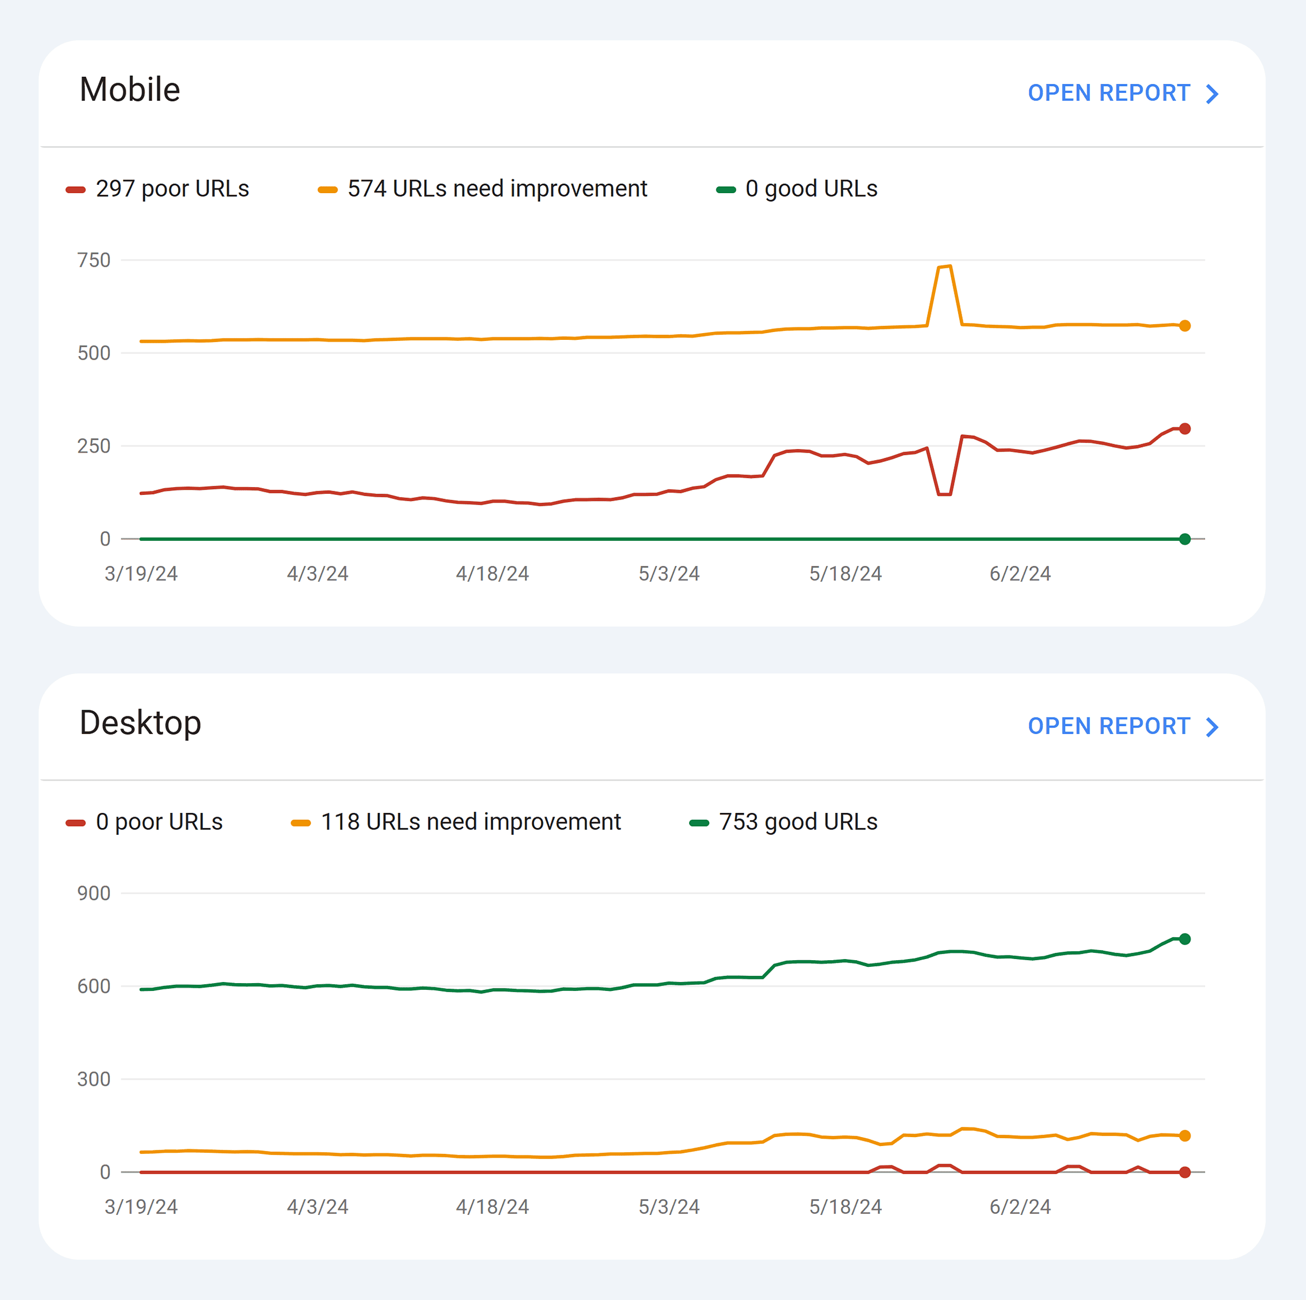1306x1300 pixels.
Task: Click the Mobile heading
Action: [130, 90]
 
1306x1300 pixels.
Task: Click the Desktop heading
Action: [140, 723]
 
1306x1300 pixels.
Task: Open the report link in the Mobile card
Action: [1122, 93]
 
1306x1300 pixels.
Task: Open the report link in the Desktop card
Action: [1122, 726]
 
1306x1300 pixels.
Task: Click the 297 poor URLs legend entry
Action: [172, 188]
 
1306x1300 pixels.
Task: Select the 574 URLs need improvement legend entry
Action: [497, 188]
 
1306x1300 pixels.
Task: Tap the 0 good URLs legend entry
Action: [811, 188]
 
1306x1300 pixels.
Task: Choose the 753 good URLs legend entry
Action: [798, 822]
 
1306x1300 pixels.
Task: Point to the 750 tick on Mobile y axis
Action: [94, 260]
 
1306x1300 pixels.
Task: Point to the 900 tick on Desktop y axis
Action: [94, 893]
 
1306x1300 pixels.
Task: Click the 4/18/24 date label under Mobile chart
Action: [492, 574]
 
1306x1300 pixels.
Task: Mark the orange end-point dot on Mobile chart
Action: [1184, 326]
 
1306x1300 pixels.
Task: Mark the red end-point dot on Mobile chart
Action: [1184, 429]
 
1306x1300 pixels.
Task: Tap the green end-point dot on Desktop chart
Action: [1184, 939]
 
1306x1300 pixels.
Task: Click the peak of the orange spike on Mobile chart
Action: [945, 267]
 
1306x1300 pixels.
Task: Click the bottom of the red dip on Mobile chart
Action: [944, 494]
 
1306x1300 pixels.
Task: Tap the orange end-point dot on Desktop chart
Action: [1184, 1136]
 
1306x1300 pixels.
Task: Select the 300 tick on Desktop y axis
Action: [94, 1079]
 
